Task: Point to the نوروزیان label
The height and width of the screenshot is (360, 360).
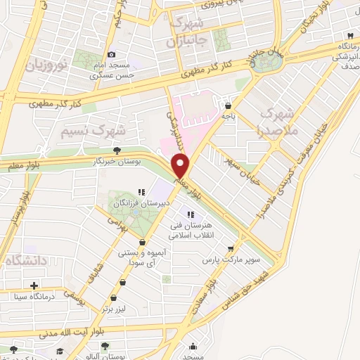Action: [46, 67]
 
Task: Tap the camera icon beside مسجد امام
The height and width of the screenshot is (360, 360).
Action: [111, 54]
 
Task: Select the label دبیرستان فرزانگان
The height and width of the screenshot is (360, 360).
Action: [138, 204]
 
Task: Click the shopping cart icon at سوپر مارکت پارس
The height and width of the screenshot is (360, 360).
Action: [230, 248]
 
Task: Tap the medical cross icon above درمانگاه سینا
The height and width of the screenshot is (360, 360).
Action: [33, 285]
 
